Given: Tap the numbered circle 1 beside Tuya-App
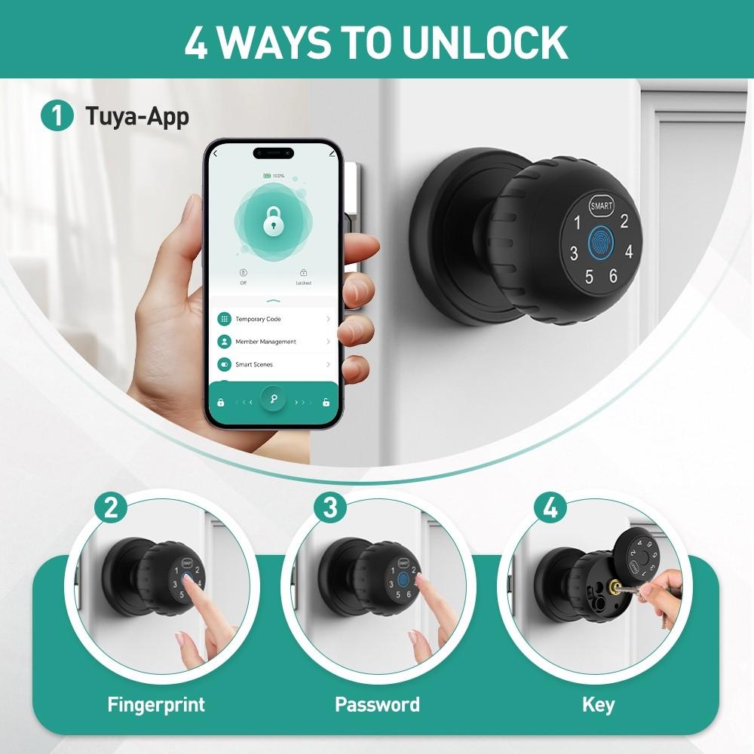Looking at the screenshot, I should pyautogui.click(x=57, y=118).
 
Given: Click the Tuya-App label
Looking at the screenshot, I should pyautogui.click(x=136, y=118).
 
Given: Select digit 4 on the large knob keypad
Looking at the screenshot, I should pyautogui.click(x=628, y=253).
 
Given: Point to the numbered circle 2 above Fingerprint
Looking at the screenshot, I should pyautogui.click(x=111, y=507).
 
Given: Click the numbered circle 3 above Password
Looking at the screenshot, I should pyautogui.click(x=330, y=507).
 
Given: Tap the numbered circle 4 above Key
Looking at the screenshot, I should pyautogui.click(x=550, y=507).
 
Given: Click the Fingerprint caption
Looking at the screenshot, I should pyautogui.click(x=156, y=705).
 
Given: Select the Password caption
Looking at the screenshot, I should pyautogui.click(x=377, y=705).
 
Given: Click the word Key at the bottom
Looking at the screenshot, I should pyautogui.click(x=598, y=705).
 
